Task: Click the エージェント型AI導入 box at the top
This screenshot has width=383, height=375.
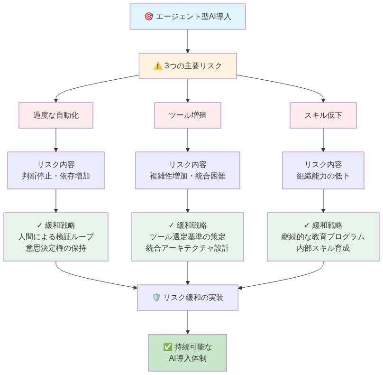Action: click(x=188, y=16)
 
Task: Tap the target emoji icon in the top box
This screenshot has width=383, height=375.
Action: click(x=148, y=16)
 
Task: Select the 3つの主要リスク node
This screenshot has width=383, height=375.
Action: click(x=188, y=66)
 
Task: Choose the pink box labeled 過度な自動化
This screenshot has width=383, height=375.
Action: click(x=56, y=115)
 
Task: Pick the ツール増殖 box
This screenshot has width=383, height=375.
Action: click(x=188, y=115)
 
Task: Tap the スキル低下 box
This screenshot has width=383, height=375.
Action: click(x=323, y=115)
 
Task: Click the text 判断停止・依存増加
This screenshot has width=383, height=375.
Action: click(x=56, y=176)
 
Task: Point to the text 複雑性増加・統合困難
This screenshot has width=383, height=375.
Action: click(x=188, y=176)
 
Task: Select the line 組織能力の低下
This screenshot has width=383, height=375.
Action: click(x=323, y=176)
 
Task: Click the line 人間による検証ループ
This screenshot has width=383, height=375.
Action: click(x=56, y=236)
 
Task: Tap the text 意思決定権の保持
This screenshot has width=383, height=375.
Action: click(x=56, y=248)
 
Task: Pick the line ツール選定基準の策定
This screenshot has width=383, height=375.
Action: click(x=188, y=236)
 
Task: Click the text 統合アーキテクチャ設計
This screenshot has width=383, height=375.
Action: click(x=188, y=248)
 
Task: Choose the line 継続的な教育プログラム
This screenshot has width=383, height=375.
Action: click(x=323, y=236)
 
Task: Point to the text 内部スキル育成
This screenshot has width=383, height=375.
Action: click(x=323, y=248)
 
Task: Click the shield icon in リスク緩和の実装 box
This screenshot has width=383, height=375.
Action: click(x=156, y=298)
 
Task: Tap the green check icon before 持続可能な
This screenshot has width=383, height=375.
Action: click(x=167, y=347)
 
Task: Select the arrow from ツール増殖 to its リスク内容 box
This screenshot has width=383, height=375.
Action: click(x=188, y=140)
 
